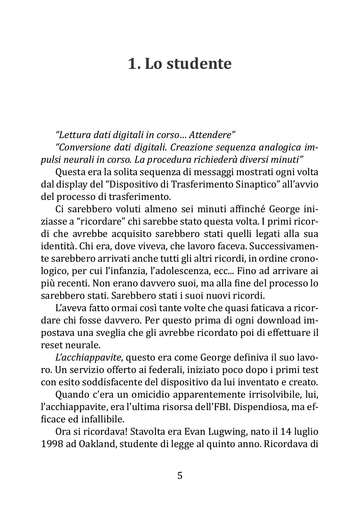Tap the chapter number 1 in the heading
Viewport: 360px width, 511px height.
132,64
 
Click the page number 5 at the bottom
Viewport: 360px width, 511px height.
180,476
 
